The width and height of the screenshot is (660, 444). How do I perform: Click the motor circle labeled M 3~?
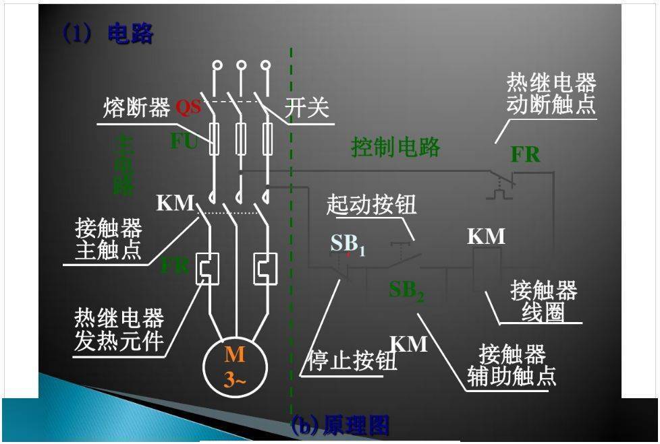point(236,367)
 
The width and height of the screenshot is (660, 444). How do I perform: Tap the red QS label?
point(188,107)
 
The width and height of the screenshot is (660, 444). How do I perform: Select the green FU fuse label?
point(184,142)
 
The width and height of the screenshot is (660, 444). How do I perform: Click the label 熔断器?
point(136,108)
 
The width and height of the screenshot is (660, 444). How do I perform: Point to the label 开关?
point(307,108)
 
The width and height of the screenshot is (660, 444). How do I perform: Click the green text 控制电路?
point(395,147)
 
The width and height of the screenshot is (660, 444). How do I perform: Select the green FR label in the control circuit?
point(525,154)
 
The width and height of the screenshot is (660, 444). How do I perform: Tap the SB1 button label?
point(347,245)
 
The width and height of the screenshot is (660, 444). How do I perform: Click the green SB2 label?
point(406,291)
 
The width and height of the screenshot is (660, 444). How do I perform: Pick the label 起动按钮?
point(371,205)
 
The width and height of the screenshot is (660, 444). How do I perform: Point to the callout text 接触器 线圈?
point(544,301)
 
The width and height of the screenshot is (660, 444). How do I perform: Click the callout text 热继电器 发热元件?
point(119,329)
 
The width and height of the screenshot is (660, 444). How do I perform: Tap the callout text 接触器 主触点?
point(109,239)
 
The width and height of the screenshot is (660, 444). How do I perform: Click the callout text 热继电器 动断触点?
point(551,94)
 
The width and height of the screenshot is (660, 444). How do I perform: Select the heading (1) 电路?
point(108,34)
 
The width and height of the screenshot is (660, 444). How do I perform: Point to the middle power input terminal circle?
point(241,66)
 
